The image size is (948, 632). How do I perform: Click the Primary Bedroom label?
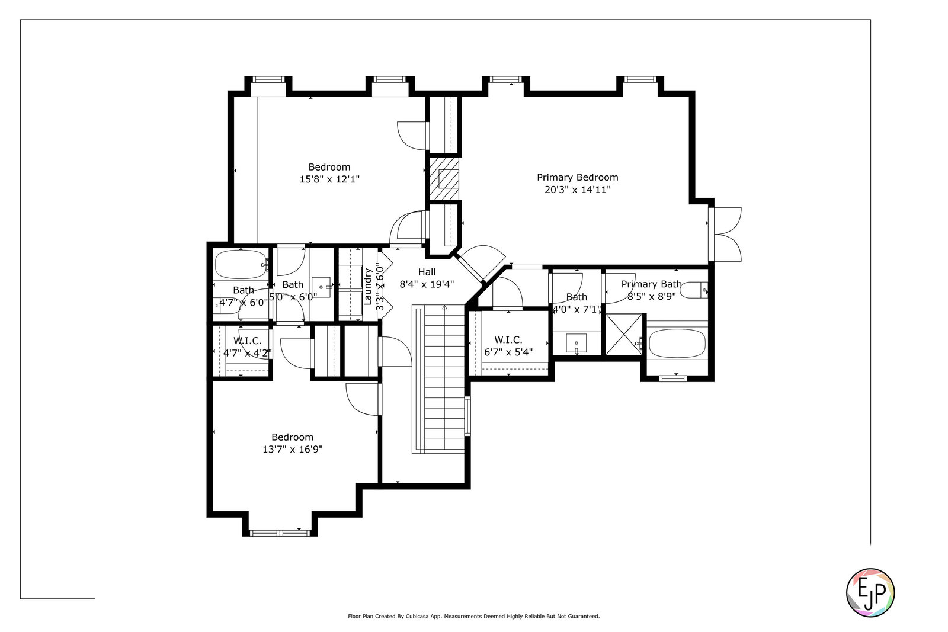click(x=577, y=177)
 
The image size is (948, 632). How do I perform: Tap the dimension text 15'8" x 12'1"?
click(x=329, y=179)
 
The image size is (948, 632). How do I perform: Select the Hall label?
click(x=427, y=272)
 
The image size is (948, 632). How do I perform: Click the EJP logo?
click(x=870, y=593)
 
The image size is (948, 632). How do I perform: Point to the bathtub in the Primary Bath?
click(x=677, y=344)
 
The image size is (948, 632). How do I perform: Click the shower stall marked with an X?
click(x=624, y=335)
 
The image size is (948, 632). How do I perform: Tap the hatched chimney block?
click(x=444, y=178)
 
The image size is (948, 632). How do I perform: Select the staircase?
click(x=439, y=379)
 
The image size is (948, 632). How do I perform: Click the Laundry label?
click(x=367, y=287)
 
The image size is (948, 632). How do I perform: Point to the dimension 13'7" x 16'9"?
click(x=293, y=449)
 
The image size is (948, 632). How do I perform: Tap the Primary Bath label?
click(x=651, y=284)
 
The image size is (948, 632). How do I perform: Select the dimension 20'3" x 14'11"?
click(x=577, y=190)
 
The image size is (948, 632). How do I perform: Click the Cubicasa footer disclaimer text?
click(x=473, y=617)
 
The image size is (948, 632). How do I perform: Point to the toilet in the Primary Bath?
click(x=694, y=290)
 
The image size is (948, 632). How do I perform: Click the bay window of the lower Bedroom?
click(x=280, y=533)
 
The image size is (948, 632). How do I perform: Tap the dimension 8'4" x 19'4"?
click(x=427, y=284)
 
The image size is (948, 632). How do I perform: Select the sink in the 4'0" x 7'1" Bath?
click(x=577, y=342)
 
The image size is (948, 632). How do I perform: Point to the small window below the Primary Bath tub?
click(x=673, y=378)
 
